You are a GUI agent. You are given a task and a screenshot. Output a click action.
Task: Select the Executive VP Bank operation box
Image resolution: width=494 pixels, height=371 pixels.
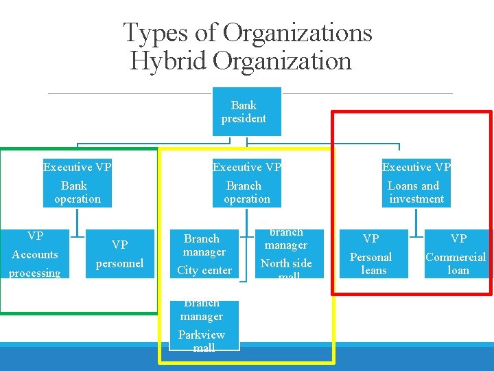(77, 183)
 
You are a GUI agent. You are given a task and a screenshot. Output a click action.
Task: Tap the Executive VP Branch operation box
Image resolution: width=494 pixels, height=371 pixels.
(247, 183)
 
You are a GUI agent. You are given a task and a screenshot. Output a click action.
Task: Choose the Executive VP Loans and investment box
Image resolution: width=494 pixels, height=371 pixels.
(416, 183)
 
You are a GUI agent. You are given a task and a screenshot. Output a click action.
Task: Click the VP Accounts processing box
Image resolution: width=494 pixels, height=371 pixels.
(35, 254)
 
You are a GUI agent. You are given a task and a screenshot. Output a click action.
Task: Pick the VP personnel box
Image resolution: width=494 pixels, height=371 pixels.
(119, 254)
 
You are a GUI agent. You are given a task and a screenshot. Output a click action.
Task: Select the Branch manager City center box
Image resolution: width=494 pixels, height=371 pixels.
(204, 254)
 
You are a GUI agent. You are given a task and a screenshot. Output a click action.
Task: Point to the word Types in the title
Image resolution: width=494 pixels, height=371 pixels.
(151, 32)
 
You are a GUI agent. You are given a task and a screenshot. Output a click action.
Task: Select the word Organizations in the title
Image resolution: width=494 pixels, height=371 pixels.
(298, 32)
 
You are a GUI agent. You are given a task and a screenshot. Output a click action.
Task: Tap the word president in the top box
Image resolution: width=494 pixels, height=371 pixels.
(244, 119)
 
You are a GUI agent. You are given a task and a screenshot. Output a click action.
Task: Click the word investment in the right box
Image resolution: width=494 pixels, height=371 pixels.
(416, 199)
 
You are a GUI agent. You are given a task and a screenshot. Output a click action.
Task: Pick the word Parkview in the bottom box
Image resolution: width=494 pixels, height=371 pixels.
(202, 335)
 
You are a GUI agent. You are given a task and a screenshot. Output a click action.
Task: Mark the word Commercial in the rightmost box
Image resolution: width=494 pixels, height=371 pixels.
(456, 257)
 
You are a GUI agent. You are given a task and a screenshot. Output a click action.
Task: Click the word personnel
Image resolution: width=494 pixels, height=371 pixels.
(119, 263)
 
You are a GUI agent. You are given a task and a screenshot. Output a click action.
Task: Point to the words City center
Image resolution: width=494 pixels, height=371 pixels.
(204, 270)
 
